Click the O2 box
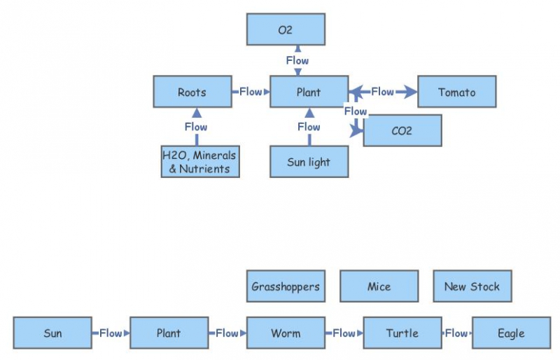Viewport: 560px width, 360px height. [x=286, y=29]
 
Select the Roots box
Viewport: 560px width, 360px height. [x=192, y=92]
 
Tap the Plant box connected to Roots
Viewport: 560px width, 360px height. [x=309, y=92]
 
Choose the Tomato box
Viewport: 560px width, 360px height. [x=456, y=92]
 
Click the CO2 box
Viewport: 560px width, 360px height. [x=402, y=130]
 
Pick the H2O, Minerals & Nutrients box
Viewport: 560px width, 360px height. [x=199, y=162]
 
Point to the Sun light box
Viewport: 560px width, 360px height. [x=309, y=162]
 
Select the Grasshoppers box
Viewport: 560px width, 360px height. [x=286, y=286]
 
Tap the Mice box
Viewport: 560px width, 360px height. [x=379, y=286]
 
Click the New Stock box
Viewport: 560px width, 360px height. [x=472, y=286]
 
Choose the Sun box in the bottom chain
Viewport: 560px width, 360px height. [x=52, y=333]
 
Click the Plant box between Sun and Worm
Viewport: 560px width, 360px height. [x=169, y=333]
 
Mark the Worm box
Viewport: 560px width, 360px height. [x=286, y=333]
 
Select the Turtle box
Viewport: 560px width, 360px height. [x=402, y=333]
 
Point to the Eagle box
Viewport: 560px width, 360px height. [x=511, y=333]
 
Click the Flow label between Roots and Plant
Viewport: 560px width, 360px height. [x=251, y=92]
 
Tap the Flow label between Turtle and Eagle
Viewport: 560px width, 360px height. [x=456, y=333]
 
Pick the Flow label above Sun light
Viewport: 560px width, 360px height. [x=309, y=127]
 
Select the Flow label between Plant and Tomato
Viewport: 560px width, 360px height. [x=382, y=92]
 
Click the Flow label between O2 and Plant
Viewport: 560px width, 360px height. [x=297, y=60]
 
